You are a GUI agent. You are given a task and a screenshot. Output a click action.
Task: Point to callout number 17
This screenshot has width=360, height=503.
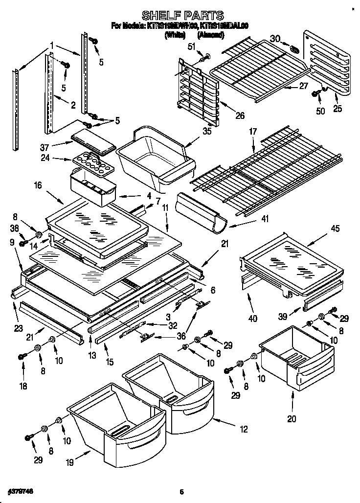(x=253, y=131)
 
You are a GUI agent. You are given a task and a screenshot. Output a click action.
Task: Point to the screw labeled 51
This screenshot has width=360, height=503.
(x=205, y=57)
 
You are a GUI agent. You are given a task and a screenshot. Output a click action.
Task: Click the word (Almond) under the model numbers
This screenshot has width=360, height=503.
(x=210, y=35)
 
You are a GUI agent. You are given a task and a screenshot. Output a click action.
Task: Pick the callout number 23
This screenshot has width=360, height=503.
(x=19, y=328)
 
